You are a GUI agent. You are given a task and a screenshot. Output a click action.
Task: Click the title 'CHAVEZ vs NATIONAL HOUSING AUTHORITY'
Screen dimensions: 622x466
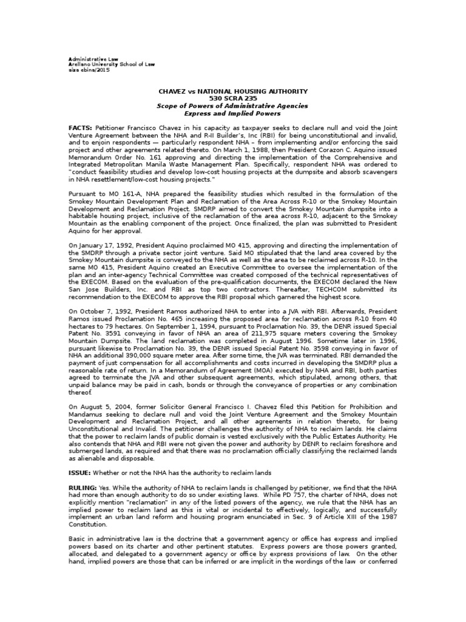pyautogui.click(x=233, y=91)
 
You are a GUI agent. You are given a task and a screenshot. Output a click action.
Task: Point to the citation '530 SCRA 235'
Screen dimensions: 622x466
pyautogui.click(x=233, y=98)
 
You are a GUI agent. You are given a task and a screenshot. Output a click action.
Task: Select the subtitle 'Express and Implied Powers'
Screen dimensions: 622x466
pyautogui.click(x=233, y=113)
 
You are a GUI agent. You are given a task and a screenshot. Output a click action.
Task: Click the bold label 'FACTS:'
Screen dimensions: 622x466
pyautogui.click(x=80, y=128)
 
